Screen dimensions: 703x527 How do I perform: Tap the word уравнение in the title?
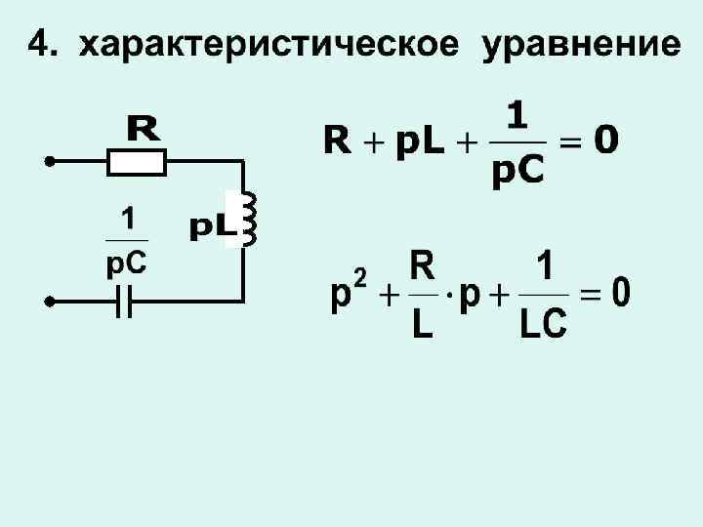(580, 45)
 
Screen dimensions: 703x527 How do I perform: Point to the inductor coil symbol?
(246, 220)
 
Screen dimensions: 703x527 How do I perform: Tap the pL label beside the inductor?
(211, 227)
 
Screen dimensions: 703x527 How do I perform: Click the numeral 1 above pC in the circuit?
(126, 217)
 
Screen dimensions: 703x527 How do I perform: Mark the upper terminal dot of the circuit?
(47, 159)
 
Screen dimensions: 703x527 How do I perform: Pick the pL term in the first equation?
(419, 143)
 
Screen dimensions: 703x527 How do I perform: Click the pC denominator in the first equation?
(518, 172)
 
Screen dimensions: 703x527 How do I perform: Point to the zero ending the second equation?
(620, 292)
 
